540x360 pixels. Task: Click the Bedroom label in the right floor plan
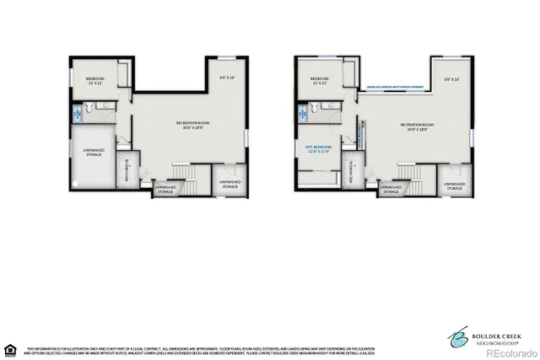(318, 81)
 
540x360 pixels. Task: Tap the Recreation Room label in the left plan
(192, 126)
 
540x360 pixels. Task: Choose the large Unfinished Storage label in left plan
(94, 153)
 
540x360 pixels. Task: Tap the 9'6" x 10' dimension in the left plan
(227, 79)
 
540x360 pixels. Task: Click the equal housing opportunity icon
(11, 348)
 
